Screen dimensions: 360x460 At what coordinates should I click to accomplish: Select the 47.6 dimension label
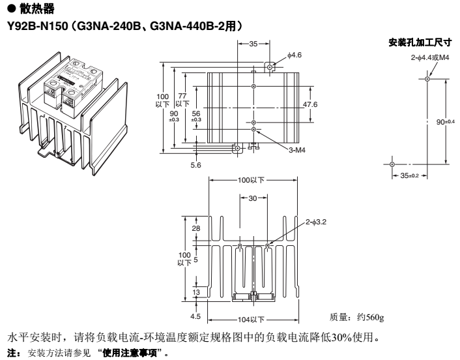311,104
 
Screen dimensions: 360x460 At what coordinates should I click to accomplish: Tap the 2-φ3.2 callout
315,222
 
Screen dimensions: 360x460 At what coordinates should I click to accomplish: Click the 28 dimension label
195,228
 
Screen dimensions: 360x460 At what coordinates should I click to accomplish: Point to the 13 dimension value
195,293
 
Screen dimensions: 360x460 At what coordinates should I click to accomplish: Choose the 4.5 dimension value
195,318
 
